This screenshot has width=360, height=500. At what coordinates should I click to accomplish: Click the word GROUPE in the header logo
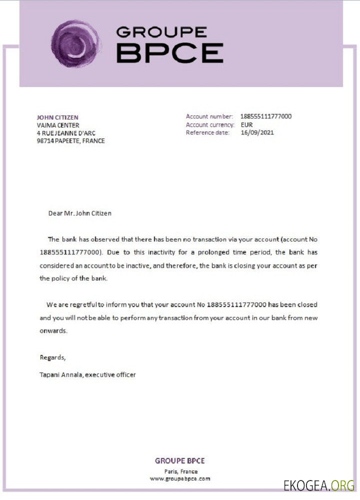click(x=161, y=32)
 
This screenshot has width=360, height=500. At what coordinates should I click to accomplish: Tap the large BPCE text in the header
click(x=169, y=53)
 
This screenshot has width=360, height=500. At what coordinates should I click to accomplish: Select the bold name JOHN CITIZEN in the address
click(x=57, y=117)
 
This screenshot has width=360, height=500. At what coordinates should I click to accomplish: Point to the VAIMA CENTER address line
click(x=58, y=125)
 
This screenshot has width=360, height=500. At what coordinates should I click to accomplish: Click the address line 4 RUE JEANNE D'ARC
click(x=66, y=133)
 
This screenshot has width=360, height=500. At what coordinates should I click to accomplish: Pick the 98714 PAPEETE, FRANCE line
click(x=70, y=141)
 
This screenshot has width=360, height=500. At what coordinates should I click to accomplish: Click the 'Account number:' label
click(x=209, y=116)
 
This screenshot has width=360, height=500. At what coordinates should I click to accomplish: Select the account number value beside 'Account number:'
click(x=265, y=116)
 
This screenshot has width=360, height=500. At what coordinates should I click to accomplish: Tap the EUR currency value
click(x=247, y=124)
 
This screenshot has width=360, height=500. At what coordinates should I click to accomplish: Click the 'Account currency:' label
click(x=210, y=124)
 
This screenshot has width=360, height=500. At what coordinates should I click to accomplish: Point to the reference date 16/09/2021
click(x=257, y=132)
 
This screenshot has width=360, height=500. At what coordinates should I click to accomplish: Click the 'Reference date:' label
click(x=207, y=132)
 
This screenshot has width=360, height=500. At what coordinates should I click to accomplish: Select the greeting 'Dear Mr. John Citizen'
click(x=80, y=213)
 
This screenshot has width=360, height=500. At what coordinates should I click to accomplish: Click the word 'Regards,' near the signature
click(x=52, y=357)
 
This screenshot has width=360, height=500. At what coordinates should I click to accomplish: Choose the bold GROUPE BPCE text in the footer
click(x=180, y=461)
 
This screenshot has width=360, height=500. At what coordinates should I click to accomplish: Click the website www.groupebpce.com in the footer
click(x=180, y=478)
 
